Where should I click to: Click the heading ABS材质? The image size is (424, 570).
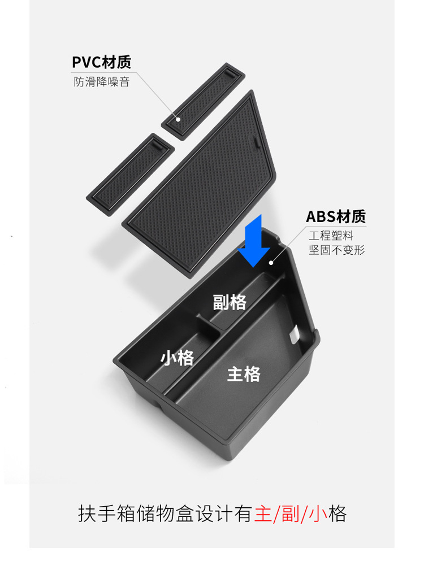[x=336, y=216]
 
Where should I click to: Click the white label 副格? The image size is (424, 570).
[x=230, y=302]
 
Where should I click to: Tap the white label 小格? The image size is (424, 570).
[x=178, y=358]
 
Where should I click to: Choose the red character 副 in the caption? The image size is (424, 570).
[x=291, y=514]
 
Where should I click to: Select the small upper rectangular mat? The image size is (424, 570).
[x=203, y=99]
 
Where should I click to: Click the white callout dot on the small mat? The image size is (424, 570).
[x=178, y=119]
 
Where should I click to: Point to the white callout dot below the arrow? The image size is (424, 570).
[x=271, y=262]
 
